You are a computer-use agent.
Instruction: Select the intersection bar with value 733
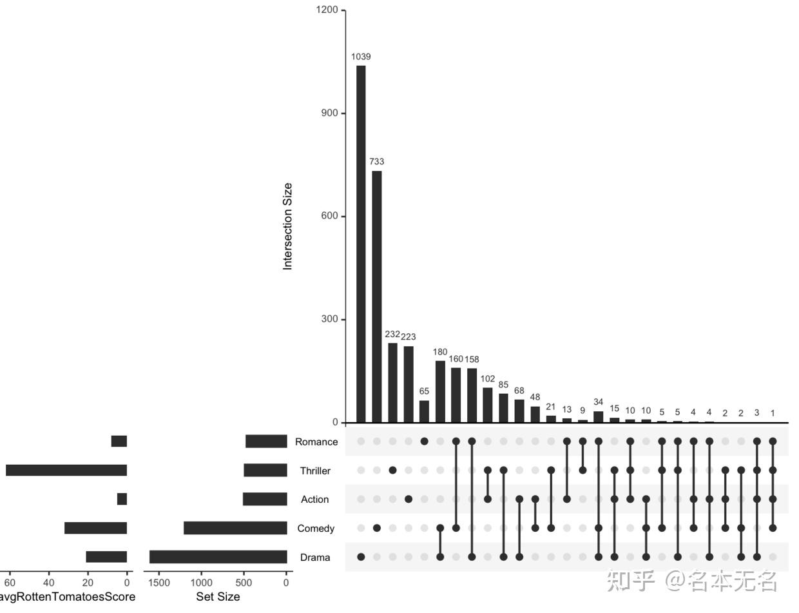coord(377,297)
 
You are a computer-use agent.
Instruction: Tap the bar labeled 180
coord(440,391)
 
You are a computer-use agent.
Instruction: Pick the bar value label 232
coord(392,335)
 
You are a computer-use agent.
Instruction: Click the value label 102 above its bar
coord(488,379)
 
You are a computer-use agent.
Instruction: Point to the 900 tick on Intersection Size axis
coord(329,113)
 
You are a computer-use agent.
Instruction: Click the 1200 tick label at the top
coord(327,10)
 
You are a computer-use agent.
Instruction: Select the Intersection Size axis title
coord(287,226)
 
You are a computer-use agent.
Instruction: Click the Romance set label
coord(316,442)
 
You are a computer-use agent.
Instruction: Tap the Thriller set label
coord(315,471)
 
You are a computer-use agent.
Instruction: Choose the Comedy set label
coord(316,529)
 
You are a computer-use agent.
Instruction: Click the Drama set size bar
coord(218,557)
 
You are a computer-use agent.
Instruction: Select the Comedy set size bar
coord(235,529)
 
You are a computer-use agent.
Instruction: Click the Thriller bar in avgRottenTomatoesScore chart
coord(66,470)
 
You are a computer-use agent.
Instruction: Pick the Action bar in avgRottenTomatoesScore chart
coord(122,499)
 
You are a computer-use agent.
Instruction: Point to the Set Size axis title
coord(218,597)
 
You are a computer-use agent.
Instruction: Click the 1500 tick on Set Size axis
coord(159,583)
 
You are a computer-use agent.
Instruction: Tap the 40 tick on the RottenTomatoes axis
coord(48,583)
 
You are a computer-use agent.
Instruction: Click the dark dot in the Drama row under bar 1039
coord(361,557)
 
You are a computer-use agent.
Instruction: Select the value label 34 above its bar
coord(599,403)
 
